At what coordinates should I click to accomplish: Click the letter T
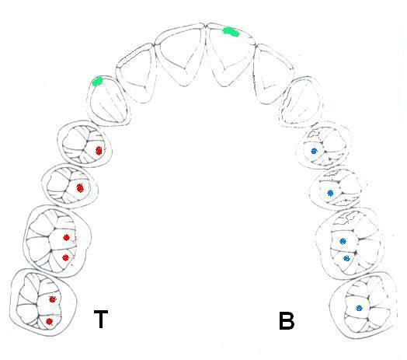tap(101, 319)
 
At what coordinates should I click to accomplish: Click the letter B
tap(287, 320)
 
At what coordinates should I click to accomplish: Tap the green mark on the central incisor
tap(231, 32)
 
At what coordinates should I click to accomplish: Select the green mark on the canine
tap(98, 82)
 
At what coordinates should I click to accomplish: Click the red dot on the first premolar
tap(99, 151)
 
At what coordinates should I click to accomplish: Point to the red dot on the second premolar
tap(80, 187)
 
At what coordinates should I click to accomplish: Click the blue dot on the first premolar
tap(314, 151)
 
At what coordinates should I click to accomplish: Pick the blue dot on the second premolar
tap(330, 193)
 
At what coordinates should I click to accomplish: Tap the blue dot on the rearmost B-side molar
tap(359, 308)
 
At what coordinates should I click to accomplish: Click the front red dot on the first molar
tap(66, 237)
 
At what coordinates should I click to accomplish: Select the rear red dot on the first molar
tap(65, 257)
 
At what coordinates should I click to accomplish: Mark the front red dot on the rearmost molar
tap(53, 299)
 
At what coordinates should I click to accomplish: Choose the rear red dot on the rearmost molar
tap(49, 322)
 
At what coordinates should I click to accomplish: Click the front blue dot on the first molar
tap(343, 241)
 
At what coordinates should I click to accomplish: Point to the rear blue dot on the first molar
tap(346, 258)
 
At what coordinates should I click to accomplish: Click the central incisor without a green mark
tap(179, 54)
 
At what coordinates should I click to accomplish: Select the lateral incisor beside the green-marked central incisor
tap(273, 74)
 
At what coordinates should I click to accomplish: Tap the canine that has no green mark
tap(301, 101)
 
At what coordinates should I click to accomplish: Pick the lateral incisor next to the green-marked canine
tap(136, 73)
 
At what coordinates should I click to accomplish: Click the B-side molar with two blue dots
tap(348, 243)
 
